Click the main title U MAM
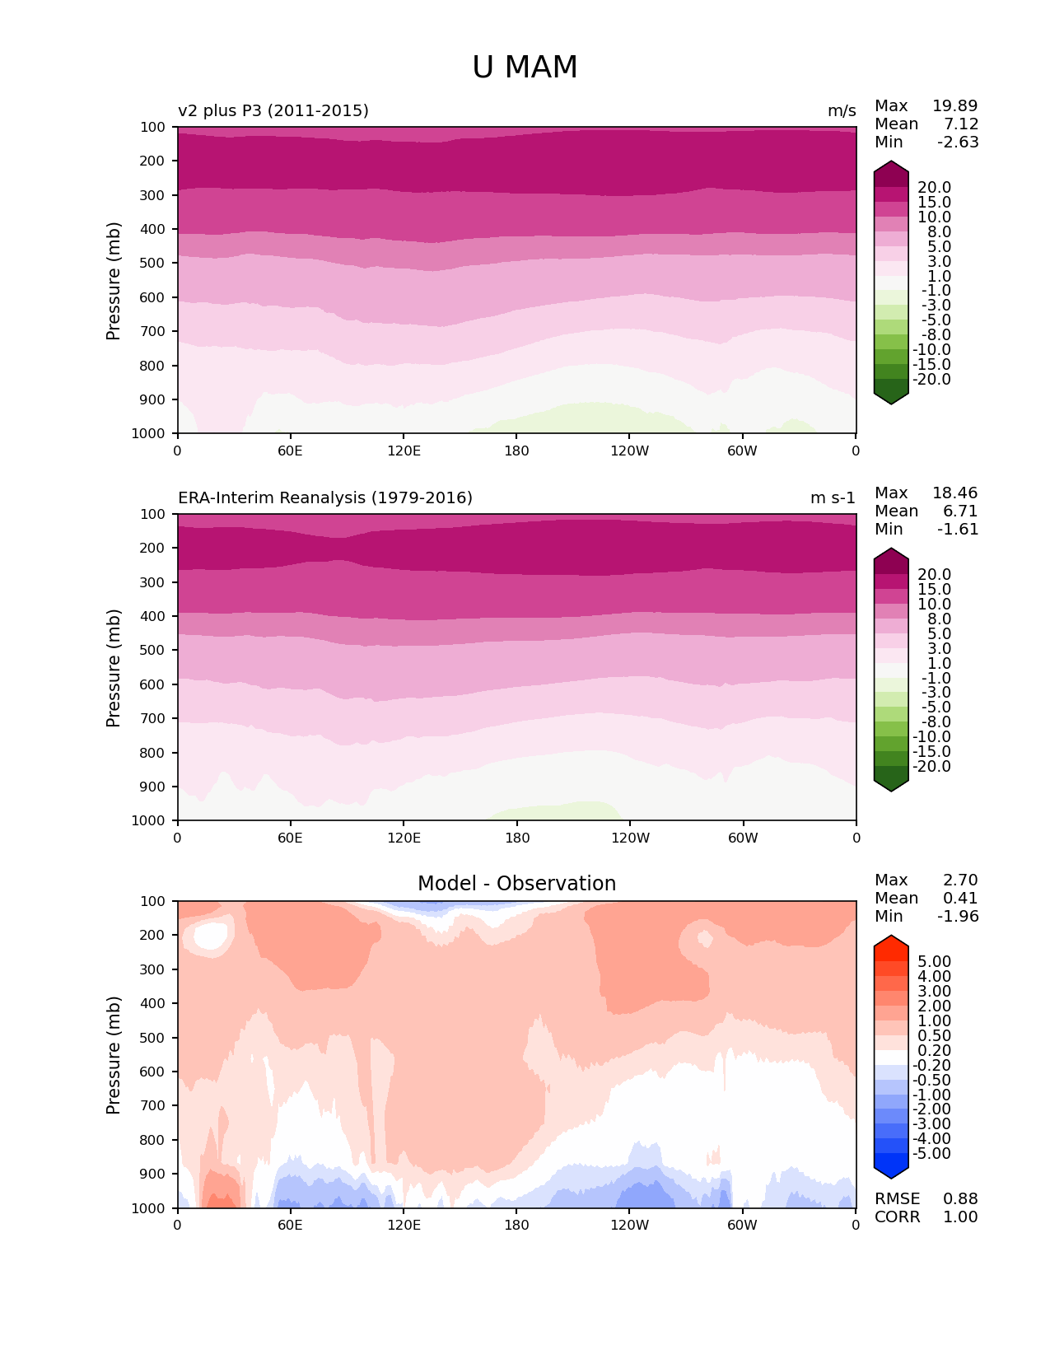[525, 68]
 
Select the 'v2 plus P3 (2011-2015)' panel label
[273, 110]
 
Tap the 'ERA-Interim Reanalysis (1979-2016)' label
[325, 497]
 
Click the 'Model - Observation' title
[516, 884]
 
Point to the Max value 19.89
[954, 105]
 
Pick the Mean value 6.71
[960, 511]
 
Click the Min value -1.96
[958, 916]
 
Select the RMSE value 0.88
[960, 1198]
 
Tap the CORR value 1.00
[960, 1217]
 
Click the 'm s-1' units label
[833, 497]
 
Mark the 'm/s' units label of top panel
[842, 110]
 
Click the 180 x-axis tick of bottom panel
[516, 1225]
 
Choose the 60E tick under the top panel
[290, 451]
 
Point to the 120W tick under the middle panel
[630, 838]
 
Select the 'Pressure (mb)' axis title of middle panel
[114, 667]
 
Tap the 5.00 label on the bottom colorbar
[934, 961]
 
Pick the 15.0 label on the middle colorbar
[934, 589]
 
